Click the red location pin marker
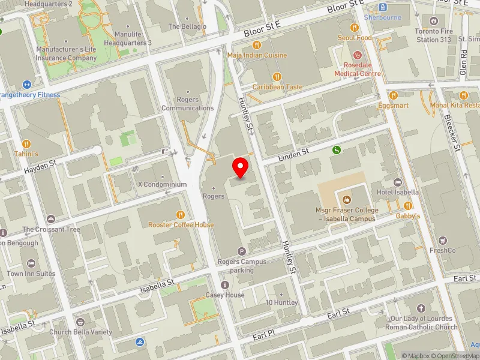(241, 167)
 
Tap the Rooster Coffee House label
(181, 224)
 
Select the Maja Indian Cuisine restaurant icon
(257, 44)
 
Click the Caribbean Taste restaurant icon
(277, 76)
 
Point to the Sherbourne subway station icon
(383, 7)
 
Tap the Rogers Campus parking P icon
(242, 251)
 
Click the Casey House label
(225, 295)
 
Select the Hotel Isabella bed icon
(397, 182)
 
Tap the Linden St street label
(293, 155)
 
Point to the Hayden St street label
(40, 167)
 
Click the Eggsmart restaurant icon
(394, 95)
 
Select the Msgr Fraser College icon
(346, 199)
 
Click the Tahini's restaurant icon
(26, 144)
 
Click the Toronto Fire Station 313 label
(436, 35)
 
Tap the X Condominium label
(162, 184)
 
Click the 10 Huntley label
(281, 302)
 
